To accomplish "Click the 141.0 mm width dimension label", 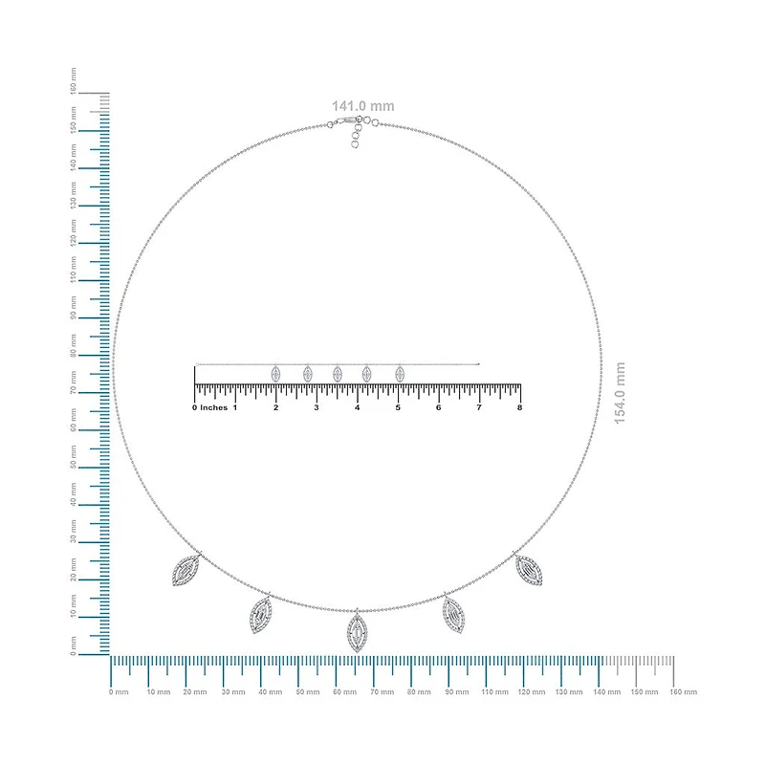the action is [363, 106].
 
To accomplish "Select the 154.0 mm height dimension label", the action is [620, 393].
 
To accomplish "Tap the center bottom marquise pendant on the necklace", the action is [357, 632].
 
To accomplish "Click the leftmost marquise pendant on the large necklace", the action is [186, 570].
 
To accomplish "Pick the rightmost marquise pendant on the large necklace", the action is [529, 569].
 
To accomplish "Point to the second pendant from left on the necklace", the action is [260, 615].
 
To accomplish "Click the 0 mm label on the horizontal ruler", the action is [119, 691].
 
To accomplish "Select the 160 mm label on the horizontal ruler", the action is [683, 691].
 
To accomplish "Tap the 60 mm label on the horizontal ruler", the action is [344, 691].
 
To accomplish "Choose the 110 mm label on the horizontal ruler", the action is [494, 691].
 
